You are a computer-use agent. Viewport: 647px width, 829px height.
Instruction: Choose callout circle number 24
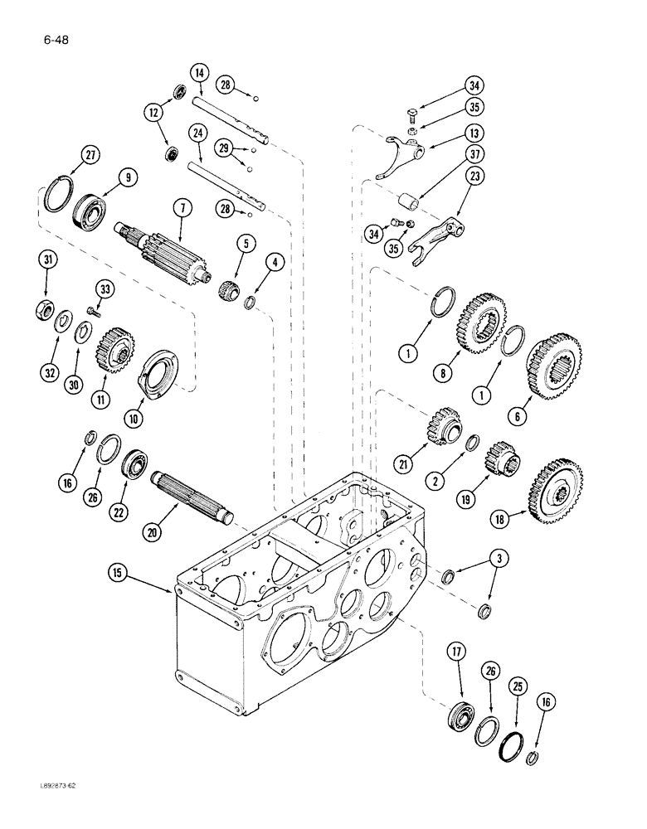coord(197,133)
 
